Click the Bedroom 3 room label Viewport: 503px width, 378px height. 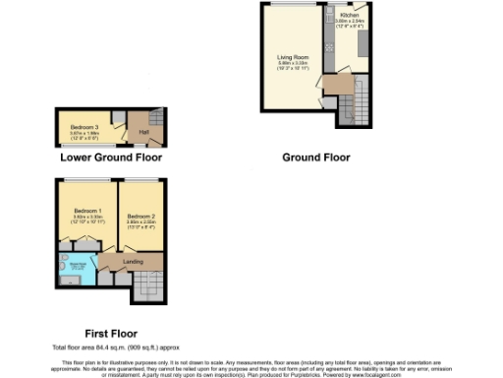pyautogui.click(x=84, y=127)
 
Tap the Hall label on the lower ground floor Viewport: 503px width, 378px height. pyautogui.click(x=143, y=131)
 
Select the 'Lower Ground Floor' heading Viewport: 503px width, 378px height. pyautogui.click(x=111, y=157)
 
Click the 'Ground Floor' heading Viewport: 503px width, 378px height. pyautogui.click(x=315, y=157)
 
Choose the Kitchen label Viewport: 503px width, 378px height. pyautogui.click(x=350, y=17)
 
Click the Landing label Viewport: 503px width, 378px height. pyautogui.click(x=132, y=261)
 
